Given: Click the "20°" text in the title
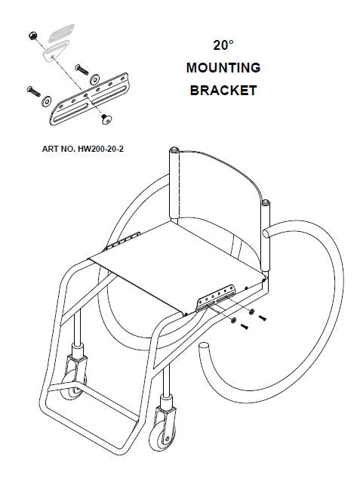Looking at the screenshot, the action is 223,45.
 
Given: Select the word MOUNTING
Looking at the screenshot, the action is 223,68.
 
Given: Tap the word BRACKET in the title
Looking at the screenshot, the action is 223,91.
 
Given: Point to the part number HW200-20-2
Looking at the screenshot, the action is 100,149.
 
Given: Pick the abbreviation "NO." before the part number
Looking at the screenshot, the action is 67,149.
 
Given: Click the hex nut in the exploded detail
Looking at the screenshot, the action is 32,35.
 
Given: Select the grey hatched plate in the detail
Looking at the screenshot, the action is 61,32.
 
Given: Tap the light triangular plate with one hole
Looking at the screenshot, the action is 56,51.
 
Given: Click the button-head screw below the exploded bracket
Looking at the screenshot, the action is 106,119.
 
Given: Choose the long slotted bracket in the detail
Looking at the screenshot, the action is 89,100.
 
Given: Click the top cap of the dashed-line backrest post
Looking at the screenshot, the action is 174,150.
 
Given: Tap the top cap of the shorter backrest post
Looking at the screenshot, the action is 266,203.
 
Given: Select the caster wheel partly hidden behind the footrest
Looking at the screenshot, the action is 73,384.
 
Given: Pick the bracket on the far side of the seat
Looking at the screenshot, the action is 122,241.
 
